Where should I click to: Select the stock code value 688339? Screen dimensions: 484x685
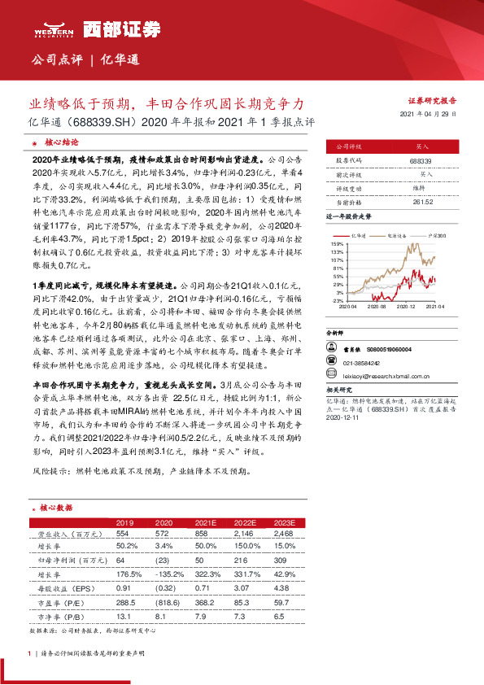click(x=420, y=163)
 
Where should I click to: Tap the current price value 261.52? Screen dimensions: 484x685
click(x=420, y=200)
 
